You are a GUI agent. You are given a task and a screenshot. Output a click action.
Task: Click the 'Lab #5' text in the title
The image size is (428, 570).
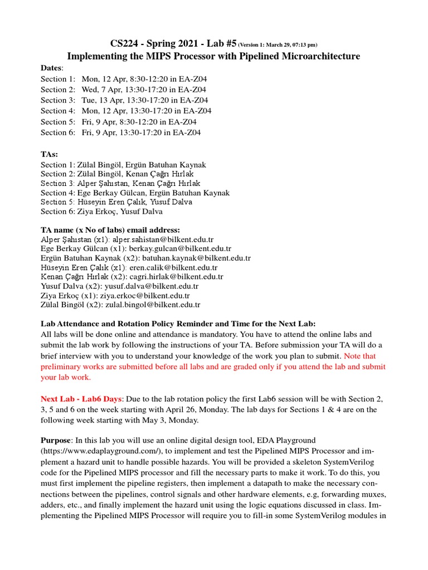(218, 44)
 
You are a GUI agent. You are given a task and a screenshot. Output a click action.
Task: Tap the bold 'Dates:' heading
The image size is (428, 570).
(52, 68)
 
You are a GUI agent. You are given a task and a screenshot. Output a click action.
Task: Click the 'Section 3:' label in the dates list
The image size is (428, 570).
(57, 100)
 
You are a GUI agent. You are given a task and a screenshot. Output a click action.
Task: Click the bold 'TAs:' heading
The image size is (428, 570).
(50, 154)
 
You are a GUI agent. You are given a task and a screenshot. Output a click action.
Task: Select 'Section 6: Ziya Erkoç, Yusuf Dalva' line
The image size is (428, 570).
(101, 212)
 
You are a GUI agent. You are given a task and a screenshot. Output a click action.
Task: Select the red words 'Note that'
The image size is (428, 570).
(360, 356)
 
